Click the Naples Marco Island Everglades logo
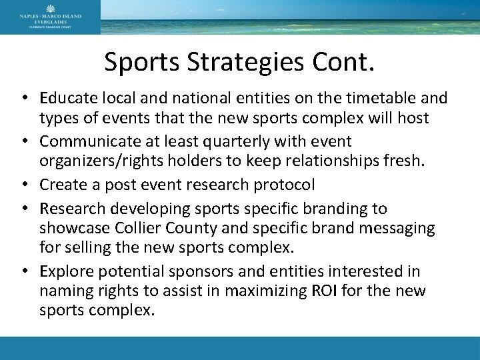(50, 17)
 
